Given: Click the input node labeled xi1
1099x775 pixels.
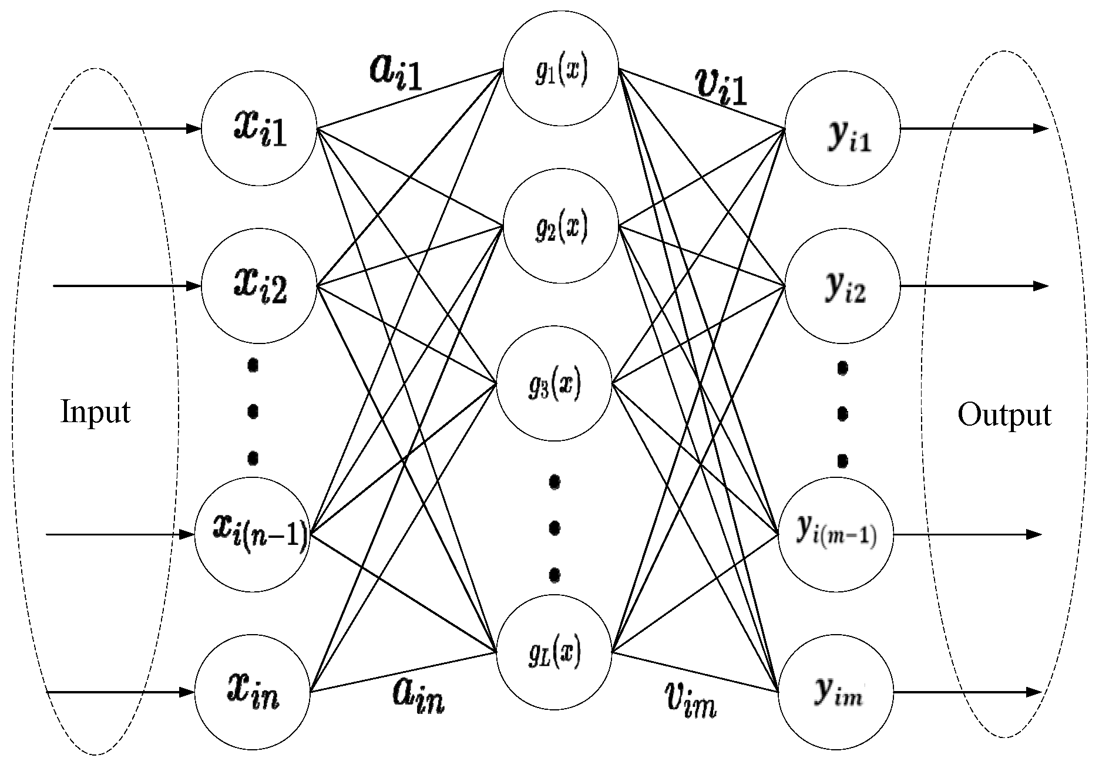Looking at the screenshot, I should (259, 129).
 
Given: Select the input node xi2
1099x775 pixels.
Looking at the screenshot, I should (259, 286).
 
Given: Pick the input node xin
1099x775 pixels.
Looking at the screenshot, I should (253, 692).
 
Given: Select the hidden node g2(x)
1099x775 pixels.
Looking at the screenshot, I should (561, 227).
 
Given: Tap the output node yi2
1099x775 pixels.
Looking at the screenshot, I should (843, 286).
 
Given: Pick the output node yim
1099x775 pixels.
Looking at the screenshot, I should (836, 693).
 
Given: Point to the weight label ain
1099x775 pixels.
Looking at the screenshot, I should (418, 697).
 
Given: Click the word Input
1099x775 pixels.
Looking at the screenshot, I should (96, 412).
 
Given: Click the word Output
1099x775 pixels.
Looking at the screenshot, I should (1004, 415).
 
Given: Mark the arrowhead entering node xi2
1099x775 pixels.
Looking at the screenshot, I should (195, 286).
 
